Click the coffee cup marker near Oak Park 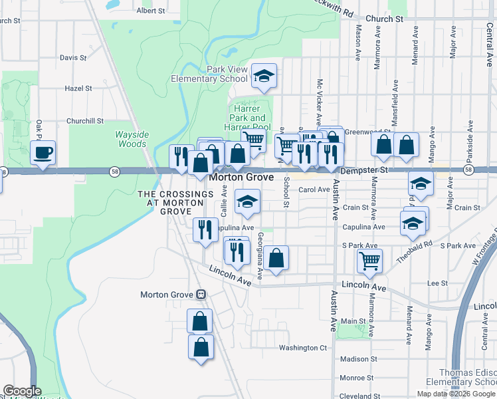tap(43, 153)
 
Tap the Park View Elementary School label tap(218, 74)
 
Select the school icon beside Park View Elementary tap(264, 77)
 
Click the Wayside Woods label tap(132, 139)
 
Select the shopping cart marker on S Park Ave tap(369, 261)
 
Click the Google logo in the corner tap(22, 391)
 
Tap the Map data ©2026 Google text tap(456, 394)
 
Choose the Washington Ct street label tap(303, 347)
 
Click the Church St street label tap(389, 19)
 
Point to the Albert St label tap(151, 11)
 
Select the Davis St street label tap(73, 57)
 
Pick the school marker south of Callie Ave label tap(247, 202)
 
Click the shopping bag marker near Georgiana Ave tap(276, 258)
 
